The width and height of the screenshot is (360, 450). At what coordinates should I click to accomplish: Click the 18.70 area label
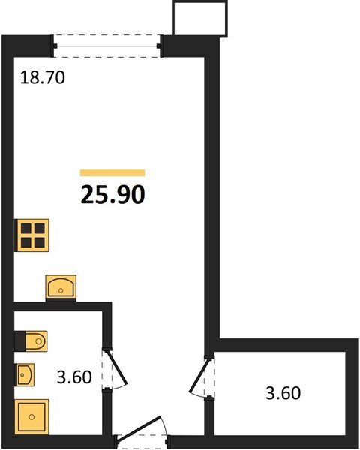pos(43,77)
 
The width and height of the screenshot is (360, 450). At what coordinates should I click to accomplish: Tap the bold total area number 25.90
pos(112,194)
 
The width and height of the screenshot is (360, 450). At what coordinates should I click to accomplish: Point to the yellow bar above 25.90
pos(112,172)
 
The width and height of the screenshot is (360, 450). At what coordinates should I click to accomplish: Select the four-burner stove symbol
pos(33,235)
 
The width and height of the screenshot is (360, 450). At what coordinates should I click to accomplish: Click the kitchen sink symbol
pos(61,286)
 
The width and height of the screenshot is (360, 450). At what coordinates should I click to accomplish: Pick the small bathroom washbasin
pos(25,374)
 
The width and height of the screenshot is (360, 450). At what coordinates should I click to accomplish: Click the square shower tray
pos(31,416)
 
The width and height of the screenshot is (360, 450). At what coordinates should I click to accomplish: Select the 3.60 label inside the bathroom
pos(74,376)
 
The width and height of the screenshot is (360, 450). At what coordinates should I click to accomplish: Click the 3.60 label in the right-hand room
pos(283,393)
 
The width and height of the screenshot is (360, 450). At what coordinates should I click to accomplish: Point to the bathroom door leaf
pos(117,367)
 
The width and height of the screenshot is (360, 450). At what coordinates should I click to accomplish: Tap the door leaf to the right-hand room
pos(199,374)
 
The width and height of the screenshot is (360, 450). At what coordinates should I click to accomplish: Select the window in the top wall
pos(106,46)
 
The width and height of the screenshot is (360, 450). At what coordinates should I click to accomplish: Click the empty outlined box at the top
pos(199,18)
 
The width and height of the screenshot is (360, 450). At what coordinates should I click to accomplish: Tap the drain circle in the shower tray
pos(31,416)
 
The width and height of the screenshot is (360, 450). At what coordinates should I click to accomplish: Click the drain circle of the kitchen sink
pos(61,290)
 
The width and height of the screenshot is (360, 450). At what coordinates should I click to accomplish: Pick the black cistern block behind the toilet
pos(20,341)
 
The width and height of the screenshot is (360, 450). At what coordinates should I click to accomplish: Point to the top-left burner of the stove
pos(26,229)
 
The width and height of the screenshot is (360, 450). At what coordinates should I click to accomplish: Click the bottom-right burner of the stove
pos(40,242)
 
